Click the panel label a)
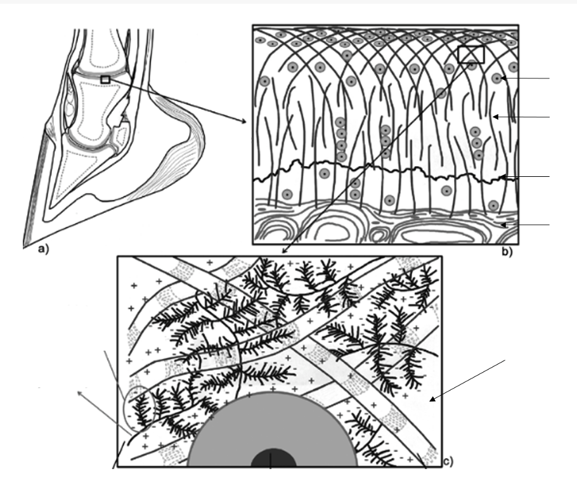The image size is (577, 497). click(x=43, y=250)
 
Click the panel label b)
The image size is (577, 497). click(x=507, y=252)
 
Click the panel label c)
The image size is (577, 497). click(x=448, y=461)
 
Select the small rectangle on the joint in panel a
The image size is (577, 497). click(x=105, y=79)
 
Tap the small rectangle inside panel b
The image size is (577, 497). click(x=471, y=55)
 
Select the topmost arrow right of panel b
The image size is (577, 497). click(x=525, y=79)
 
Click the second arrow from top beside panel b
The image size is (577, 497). click(x=521, y=117)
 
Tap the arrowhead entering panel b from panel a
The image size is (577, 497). click(x=243, y=122)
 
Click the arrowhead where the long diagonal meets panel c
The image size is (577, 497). click(x=283, y=251)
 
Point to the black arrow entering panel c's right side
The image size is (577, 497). click(x=467, y=380)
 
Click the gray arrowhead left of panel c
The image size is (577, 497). click(x=79, y=393)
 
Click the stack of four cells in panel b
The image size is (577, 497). click(x=341, y=139)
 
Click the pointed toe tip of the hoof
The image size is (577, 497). click(x=24, y=247)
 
